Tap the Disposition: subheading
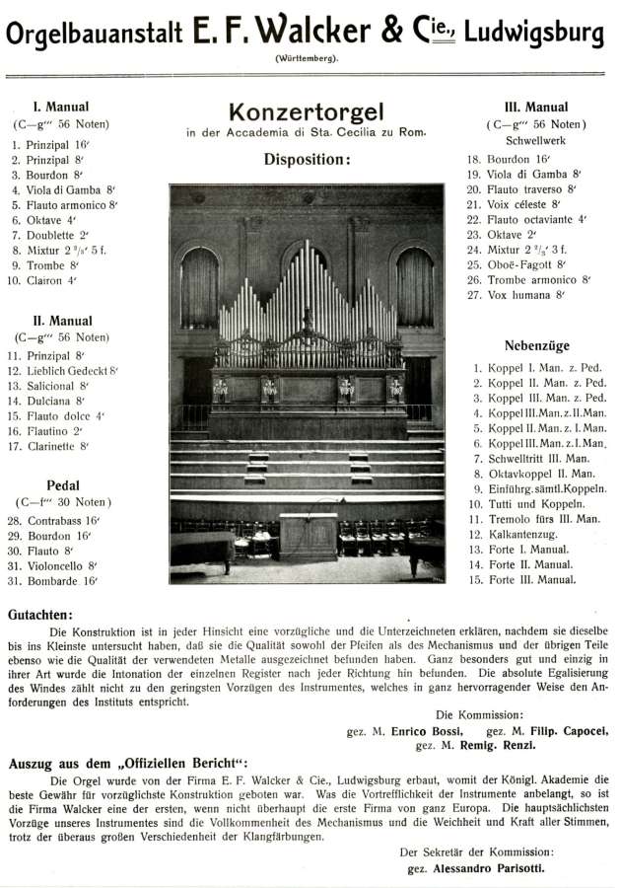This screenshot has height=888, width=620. pyautogui.click(x=307, y=159)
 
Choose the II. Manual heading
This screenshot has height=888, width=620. pyautogui.click(x=62, y=320)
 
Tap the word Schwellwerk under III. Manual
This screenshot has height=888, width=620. pyautogui.click(x=534, y=140)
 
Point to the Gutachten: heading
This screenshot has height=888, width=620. pyautogui.click(x=39, y=613)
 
